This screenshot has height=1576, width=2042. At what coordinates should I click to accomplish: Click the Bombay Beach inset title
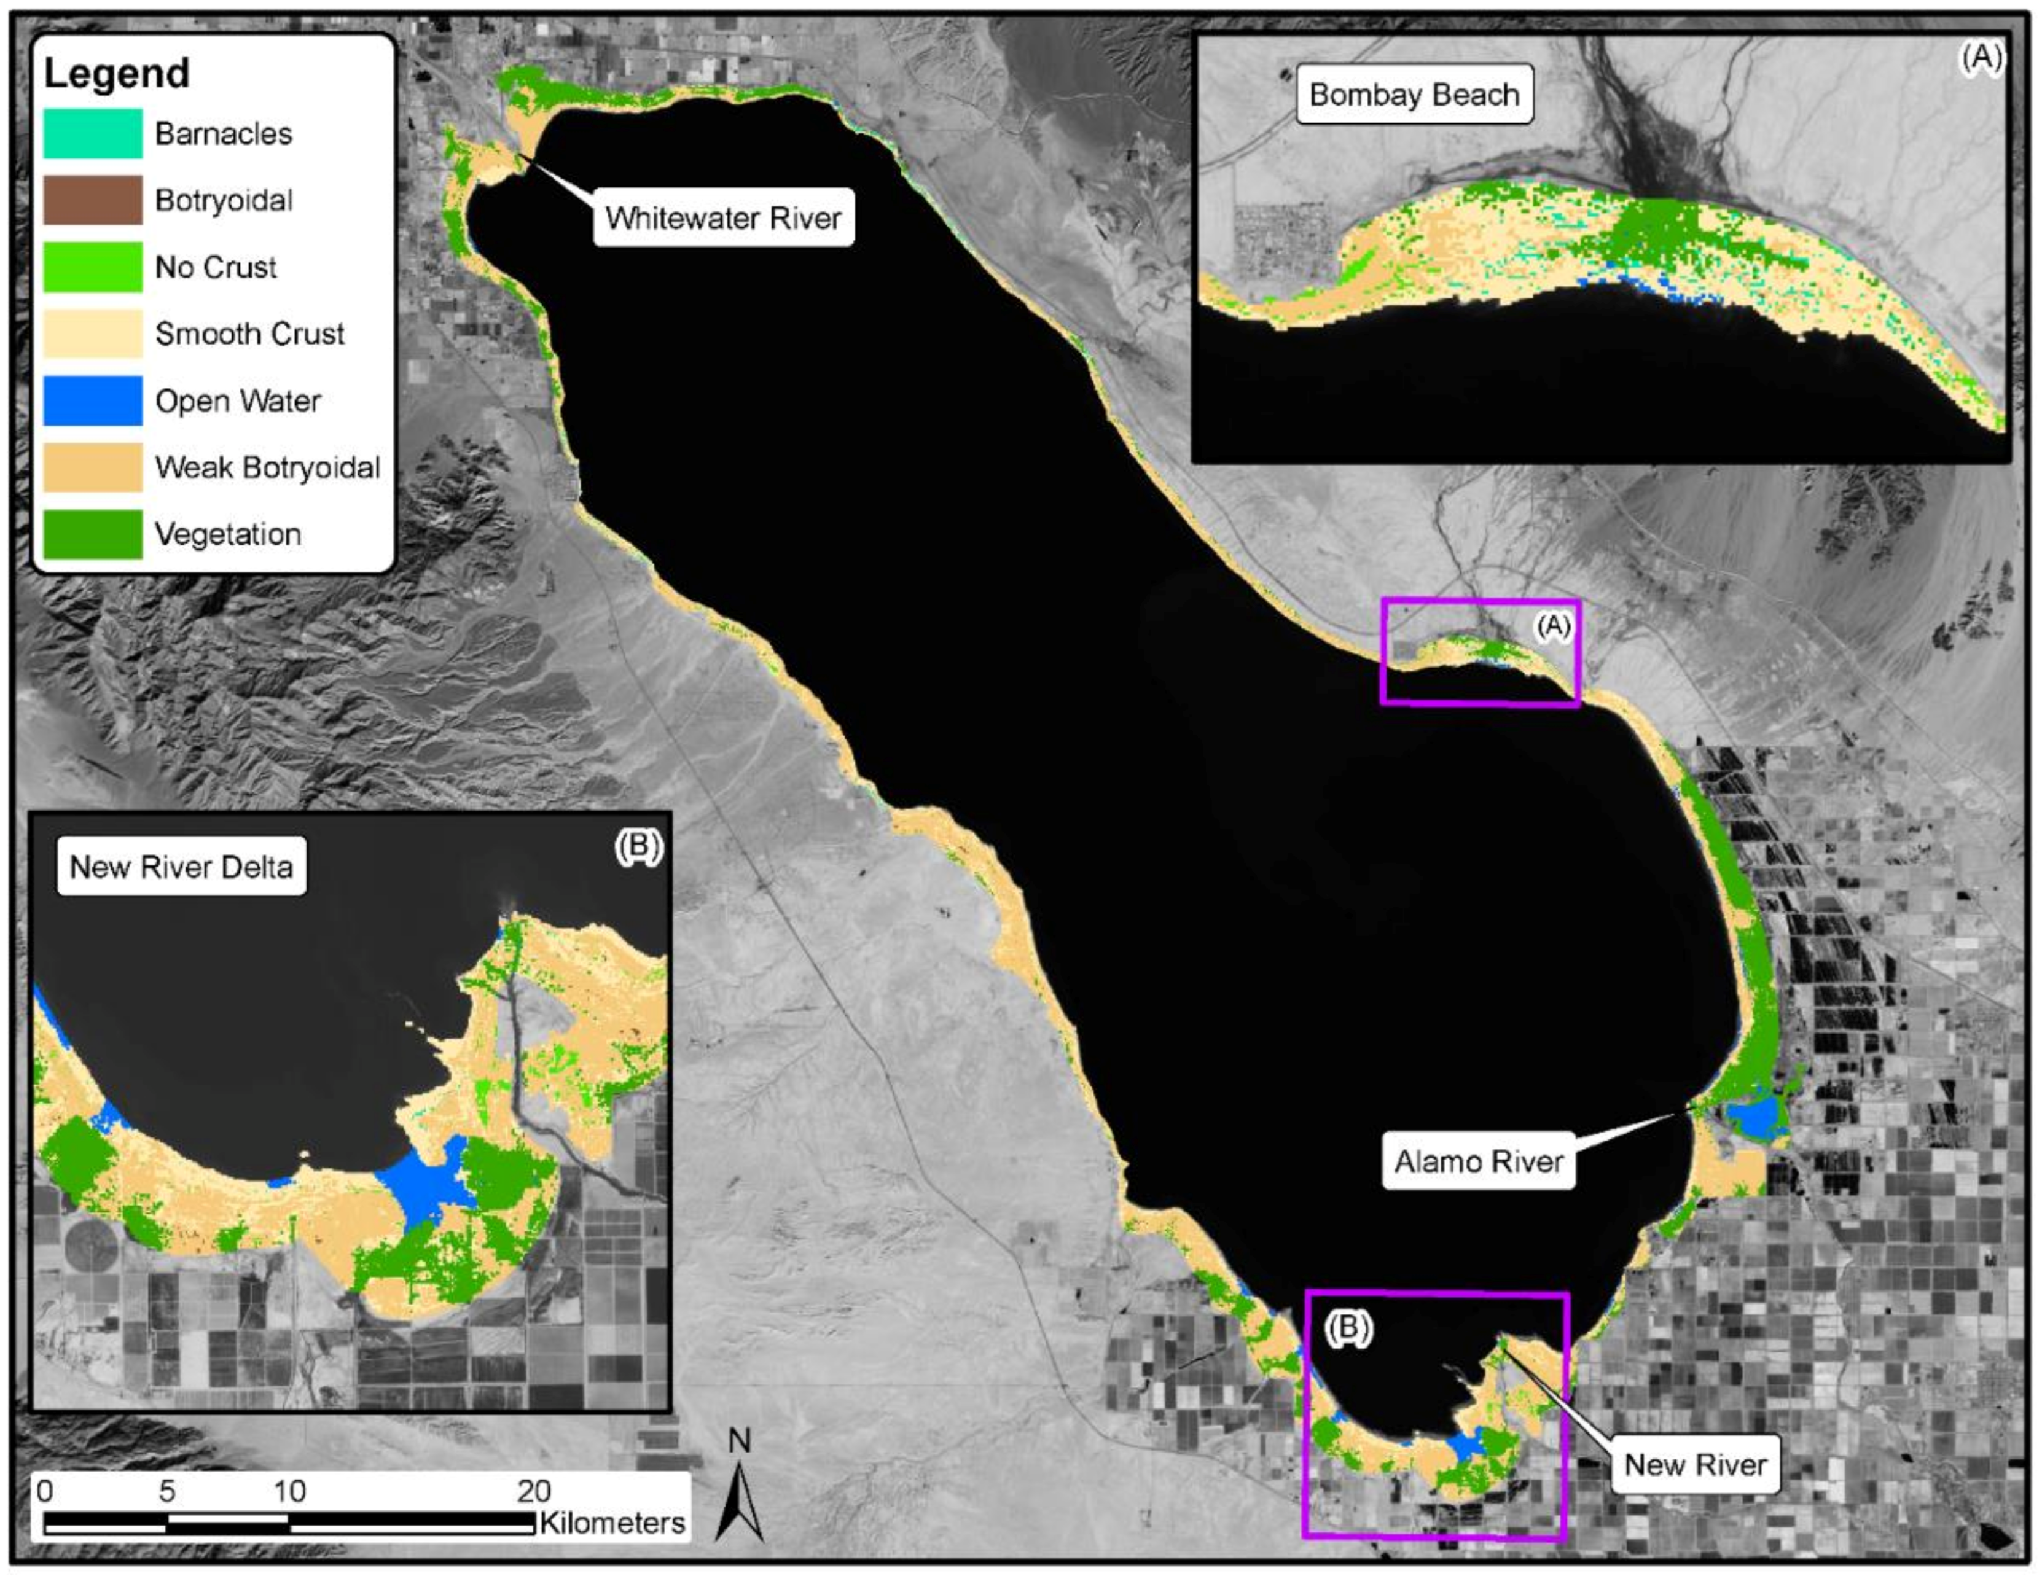(1414, 95)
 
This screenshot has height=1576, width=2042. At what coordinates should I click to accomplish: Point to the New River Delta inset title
(181, 867)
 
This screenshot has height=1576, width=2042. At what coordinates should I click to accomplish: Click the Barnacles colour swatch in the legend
(93, 134)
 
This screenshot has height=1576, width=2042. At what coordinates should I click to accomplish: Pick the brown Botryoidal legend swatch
(93, 200)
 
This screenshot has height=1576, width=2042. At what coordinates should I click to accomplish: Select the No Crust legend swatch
(93, 267)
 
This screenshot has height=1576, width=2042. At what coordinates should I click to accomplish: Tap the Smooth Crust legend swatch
(93, 334)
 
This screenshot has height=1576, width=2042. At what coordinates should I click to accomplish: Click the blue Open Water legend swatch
(93, 400)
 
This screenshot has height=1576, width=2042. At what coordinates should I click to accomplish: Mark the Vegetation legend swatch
(93, 534)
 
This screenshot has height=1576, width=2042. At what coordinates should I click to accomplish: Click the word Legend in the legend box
(117, 73)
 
